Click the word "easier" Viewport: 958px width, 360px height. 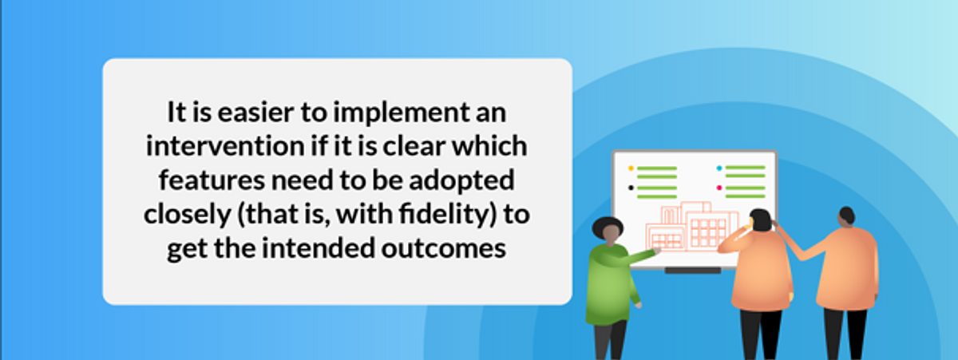(x=255, y=113)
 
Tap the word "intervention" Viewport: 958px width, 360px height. (x=225, y=146)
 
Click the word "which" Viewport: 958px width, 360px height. (x=489, y=146)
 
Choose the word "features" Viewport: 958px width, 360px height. (x=212, y=180)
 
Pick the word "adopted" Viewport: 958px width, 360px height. (x=461, y=181)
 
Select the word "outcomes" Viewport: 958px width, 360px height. (x=444, y=249)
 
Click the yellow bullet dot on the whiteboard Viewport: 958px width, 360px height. (x=631, y=168)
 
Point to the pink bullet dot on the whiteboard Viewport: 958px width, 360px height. (x=719, y=188)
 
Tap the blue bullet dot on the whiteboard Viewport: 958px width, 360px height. (x=719, y=168)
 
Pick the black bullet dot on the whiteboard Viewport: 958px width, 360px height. (x=631, y=188)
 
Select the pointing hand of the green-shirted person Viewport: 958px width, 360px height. (x=656, y=250)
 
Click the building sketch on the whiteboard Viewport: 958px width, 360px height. (x=692, y=226)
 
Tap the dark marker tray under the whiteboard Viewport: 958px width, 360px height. (x=693, y=271)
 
